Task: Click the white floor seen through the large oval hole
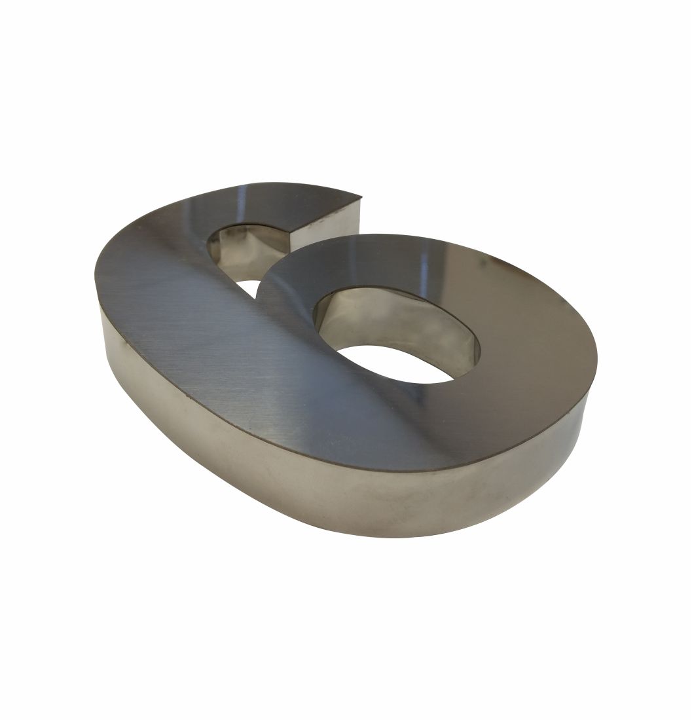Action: click(x=395, y=364)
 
